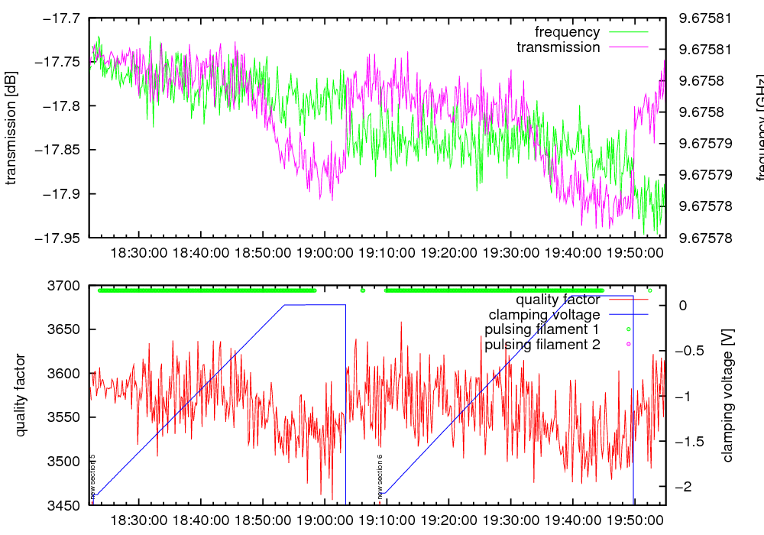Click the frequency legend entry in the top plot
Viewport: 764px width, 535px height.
tap(567, 32)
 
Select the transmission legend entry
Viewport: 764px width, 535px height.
tap(558, 47)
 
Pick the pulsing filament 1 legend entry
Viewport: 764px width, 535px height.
tap(540, 329)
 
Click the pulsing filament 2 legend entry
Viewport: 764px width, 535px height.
tap(540, 345)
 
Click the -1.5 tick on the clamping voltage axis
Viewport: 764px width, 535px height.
tap(690, 442)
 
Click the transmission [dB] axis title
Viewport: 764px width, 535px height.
tap(11, 128)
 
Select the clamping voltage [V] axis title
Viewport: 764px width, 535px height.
tap(727, 396)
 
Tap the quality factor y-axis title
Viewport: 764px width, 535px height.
tap(21, 395)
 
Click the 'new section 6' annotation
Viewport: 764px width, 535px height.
tap(380, 475)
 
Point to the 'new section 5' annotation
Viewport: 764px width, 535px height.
tap(92, 475)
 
